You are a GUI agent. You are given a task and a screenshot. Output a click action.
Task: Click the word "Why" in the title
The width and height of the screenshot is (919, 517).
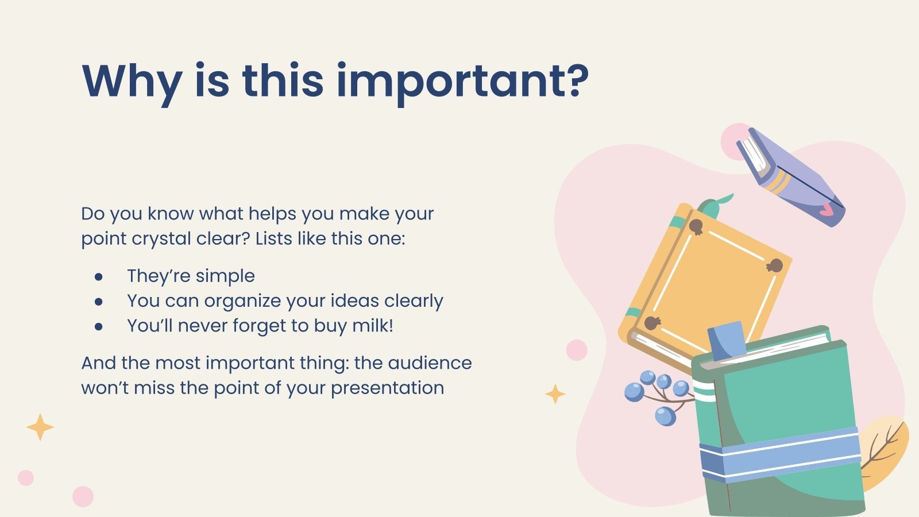coord(132,83)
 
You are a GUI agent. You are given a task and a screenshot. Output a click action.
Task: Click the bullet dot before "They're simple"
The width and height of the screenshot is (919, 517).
coord(98,277)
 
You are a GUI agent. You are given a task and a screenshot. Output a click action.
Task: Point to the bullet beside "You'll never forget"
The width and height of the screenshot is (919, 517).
coord(98,327)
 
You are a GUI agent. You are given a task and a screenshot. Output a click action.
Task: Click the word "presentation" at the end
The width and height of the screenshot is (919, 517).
coord(387,388)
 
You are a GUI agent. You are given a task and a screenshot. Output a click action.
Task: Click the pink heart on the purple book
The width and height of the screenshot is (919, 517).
coord(826,211)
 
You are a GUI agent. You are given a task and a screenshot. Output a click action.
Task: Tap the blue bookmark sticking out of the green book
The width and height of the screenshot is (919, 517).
coord(727,340)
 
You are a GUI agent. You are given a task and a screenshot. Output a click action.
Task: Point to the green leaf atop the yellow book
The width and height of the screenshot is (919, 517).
coord(715,206)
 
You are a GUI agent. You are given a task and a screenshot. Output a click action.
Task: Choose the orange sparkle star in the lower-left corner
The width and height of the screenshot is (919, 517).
coord(40,427)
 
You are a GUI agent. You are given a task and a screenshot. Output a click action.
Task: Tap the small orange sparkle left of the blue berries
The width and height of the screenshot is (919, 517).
coord(555,394)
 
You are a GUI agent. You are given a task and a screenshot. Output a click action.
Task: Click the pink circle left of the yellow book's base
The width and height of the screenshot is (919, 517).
coord(577,350)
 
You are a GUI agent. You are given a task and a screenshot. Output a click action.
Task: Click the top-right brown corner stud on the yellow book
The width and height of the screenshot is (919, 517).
coord(775,266)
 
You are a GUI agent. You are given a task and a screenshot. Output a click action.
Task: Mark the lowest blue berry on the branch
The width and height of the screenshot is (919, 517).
coord(665,416)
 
